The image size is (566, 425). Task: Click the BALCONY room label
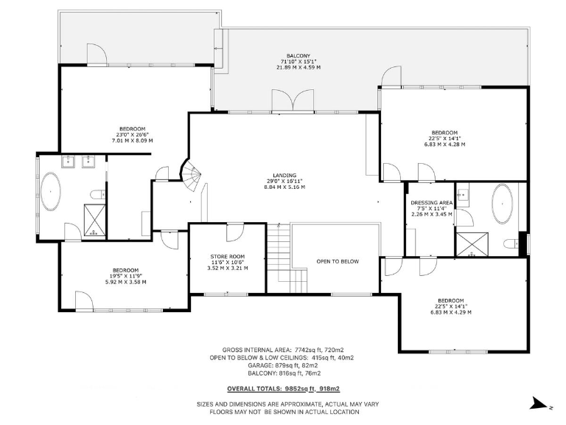point(298,55)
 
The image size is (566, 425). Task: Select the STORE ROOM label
point(227,256)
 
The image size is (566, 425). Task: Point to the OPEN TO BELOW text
point(338,261)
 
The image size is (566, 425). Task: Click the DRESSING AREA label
point(431,202)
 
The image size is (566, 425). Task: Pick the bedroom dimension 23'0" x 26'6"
point(132,134)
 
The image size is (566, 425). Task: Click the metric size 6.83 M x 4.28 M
point(444,144)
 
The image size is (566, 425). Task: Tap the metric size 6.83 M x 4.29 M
point(450,312)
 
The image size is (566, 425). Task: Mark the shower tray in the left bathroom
point(94,220)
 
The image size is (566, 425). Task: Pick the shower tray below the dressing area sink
point(467,244)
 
